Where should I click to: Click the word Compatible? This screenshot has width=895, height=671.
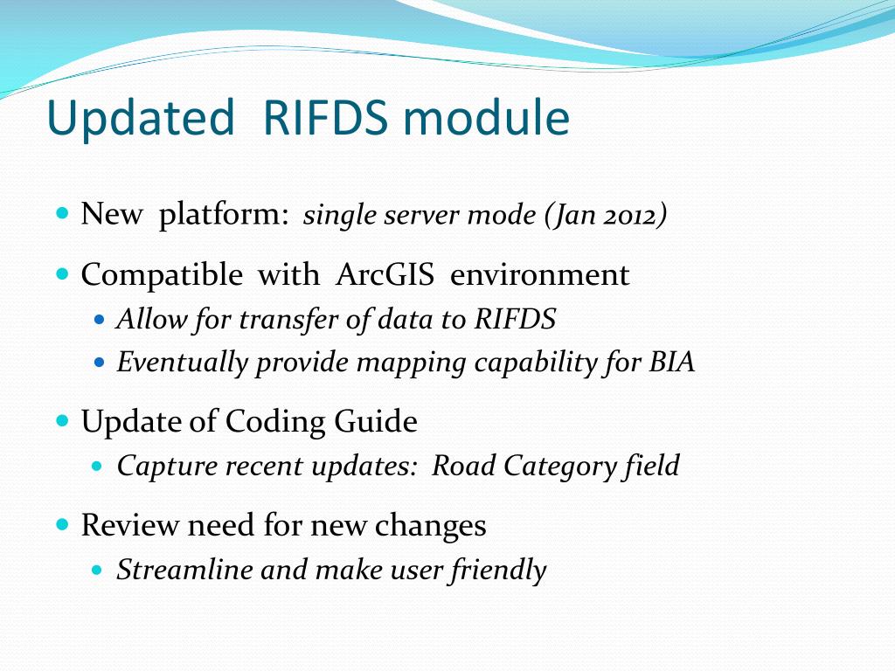click(x=162, y=275)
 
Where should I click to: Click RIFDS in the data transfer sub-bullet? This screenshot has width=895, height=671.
click(x=515, y=320)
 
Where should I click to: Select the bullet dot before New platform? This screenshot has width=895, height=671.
click(x=62, y=212)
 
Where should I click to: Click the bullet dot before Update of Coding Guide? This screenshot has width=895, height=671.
click(x=62, y=420)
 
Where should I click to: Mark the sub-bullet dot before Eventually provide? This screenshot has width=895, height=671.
click(x=98, y=361)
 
